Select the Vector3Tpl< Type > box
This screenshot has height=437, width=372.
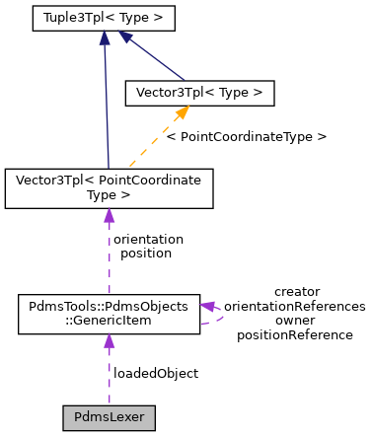point(197,93)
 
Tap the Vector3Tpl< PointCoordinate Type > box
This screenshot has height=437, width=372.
point(109,188)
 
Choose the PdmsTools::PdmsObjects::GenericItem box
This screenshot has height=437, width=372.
point(109,313)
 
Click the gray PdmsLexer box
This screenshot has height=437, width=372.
point(109,417)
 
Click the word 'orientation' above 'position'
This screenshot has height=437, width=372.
point(148,239)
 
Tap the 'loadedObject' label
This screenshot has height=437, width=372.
point(156,373)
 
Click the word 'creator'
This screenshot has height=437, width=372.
point(297,291)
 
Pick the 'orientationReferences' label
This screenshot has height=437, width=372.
point(295,306)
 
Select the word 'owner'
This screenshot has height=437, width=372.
point(295,321)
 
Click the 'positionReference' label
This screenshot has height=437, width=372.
point(295,334)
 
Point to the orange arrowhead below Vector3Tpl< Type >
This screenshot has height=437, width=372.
point(181,114)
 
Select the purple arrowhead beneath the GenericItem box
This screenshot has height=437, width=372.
point(109,341)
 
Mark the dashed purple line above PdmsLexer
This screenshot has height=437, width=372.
point(109,380)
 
